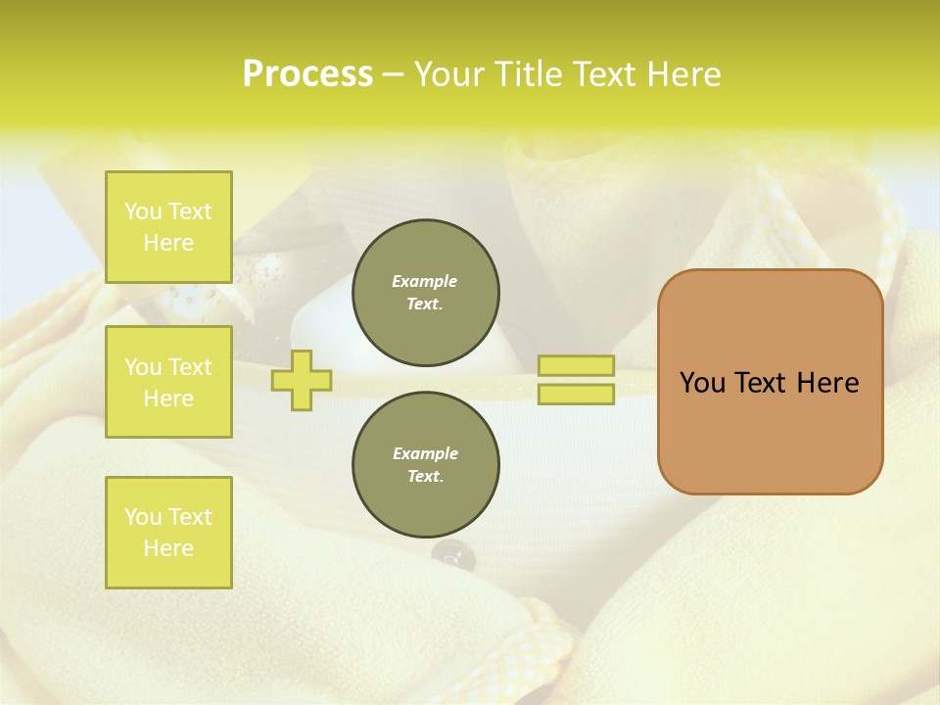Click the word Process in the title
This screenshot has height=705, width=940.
(x=307, y=74)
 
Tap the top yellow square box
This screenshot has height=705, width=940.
(x=168, y=227)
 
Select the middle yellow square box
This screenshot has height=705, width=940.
(x=168, y=382)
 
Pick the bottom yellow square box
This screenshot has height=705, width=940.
(x=168, y=533)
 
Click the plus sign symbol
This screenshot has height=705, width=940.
(x=302, y=380)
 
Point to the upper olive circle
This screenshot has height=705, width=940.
(x=426, y=293)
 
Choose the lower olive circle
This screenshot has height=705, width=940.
(x=426, y=465)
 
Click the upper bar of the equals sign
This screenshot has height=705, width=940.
(x=576, y=366)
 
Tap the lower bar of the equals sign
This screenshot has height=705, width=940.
(x=576, y=395)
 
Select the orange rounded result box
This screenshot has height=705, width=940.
(x=770, y=431)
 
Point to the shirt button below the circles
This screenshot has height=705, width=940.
(x=448, y=555)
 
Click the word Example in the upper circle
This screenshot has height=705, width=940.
(x=425, y=281)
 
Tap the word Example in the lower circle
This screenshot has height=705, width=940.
(x=425, y=453)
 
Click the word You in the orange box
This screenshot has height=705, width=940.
(x=701, y=383)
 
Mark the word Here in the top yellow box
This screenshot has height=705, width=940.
(x=168, y=243)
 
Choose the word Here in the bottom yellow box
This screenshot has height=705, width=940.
(x=168, y=548)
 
